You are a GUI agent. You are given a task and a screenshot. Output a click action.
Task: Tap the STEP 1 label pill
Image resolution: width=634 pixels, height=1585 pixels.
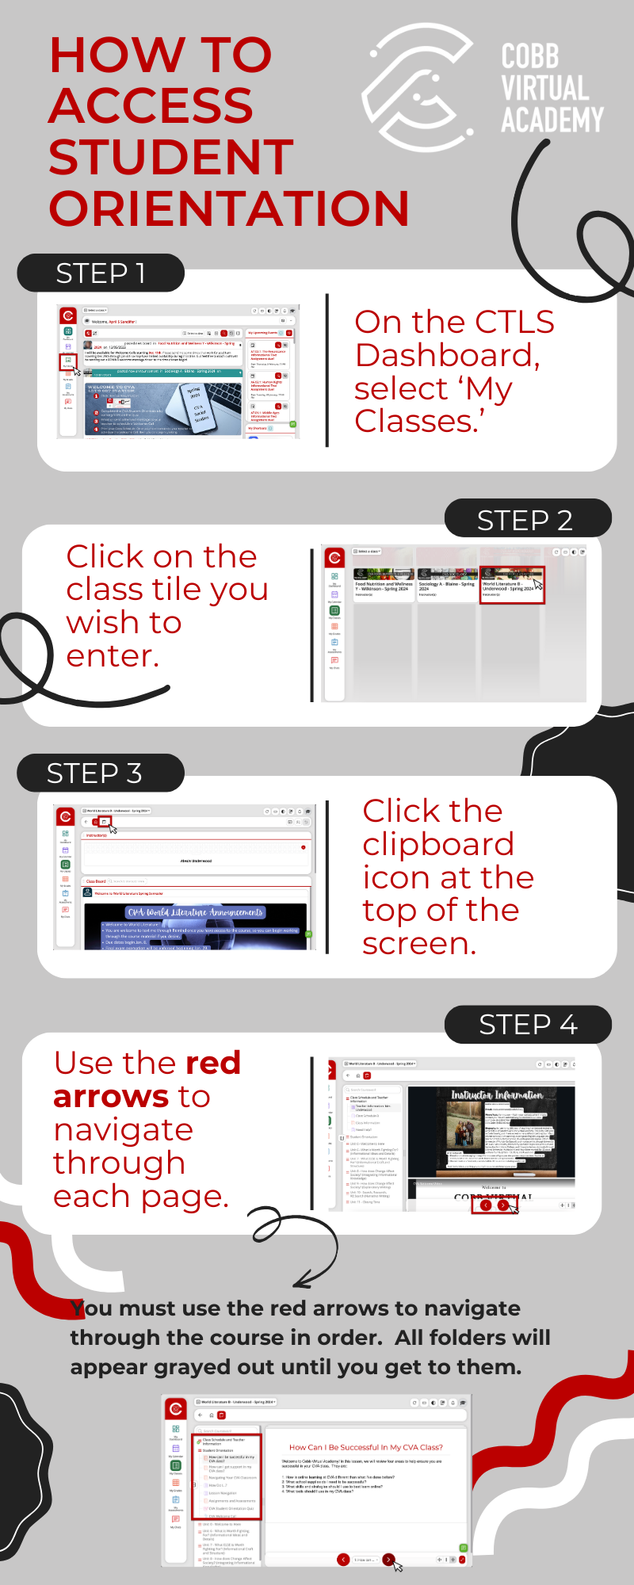click(x=101, y=273)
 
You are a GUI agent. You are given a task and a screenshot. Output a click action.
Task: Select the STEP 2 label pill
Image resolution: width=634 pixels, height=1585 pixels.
click(x=526, y=520)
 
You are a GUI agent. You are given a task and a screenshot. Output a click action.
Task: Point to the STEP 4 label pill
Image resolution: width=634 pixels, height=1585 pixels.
click(x=528, y=1025)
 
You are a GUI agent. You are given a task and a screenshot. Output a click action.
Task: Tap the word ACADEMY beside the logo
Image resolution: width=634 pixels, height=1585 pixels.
click(x=552, y=120)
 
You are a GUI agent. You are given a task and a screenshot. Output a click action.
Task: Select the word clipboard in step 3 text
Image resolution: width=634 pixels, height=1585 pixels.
click(x=438, y=845)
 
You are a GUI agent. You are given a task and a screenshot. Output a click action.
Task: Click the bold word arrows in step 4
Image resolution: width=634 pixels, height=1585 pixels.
click(x=111, y=1097)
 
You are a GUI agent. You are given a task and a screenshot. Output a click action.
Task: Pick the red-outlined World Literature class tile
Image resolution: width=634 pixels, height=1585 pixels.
click(x=512, y=585)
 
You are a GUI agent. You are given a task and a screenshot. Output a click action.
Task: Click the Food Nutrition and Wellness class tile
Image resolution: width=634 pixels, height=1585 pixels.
click(x=384, y=585)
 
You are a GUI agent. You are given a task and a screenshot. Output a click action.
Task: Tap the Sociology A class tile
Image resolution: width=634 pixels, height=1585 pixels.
click(x=446, y=585)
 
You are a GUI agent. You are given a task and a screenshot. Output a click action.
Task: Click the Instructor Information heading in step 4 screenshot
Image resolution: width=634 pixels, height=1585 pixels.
click(x=497, y=1095)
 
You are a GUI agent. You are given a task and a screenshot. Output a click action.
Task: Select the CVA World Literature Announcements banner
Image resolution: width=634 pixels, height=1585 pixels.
click(x=196, y=912)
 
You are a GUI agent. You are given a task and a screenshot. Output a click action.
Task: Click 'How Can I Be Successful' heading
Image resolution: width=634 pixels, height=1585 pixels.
click(x=365, y=1447)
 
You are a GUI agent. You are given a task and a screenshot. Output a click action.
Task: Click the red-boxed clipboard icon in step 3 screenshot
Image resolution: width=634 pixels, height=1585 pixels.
click(x=104, y=822)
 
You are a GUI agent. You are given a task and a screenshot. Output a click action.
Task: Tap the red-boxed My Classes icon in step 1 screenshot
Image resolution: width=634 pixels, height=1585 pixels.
click(x=68, y=361)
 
